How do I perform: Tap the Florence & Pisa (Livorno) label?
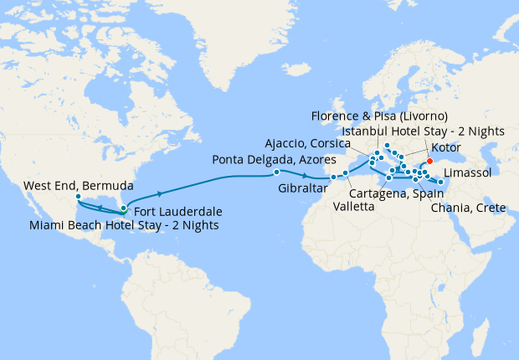(x=379, y=115)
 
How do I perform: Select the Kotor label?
(x=450, y=147)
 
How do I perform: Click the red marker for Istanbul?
(x=429, y=162)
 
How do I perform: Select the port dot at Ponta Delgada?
(x=277, y=172)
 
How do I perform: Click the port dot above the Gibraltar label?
(x=333, y=177)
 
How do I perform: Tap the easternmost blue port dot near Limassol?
(x=441, y=182)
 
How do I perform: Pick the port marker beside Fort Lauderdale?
(x=124, y=208)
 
